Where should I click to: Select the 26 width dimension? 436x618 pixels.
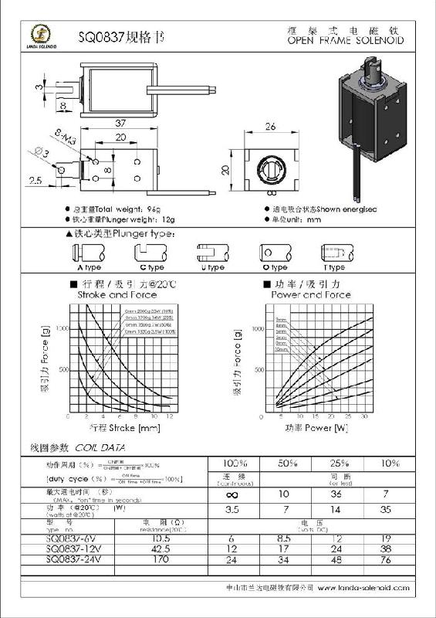270,127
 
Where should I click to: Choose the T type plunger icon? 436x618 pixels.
333,252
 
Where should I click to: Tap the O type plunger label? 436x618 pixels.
273,267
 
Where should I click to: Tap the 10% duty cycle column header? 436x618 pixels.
388,463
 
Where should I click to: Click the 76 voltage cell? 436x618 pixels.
388,560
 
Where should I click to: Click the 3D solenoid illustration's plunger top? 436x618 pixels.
374,76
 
